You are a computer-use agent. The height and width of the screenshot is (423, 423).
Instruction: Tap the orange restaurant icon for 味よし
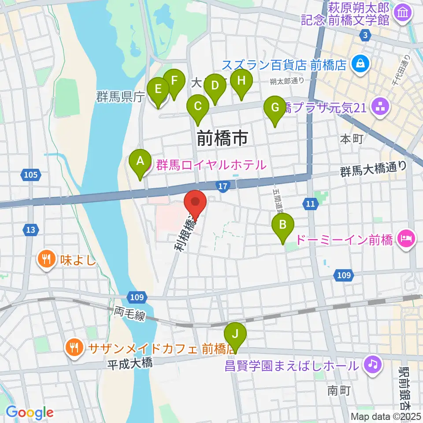(46, 259)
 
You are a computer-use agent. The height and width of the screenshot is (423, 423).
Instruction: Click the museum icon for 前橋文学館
(403, 14)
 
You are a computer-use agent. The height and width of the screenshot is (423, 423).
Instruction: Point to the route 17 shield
(223, 187)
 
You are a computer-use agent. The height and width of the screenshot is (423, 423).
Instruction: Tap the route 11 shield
(310, 203)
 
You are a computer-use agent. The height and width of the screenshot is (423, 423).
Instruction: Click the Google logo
(30, 412)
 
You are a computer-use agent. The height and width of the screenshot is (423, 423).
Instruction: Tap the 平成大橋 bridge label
(130, 364)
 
